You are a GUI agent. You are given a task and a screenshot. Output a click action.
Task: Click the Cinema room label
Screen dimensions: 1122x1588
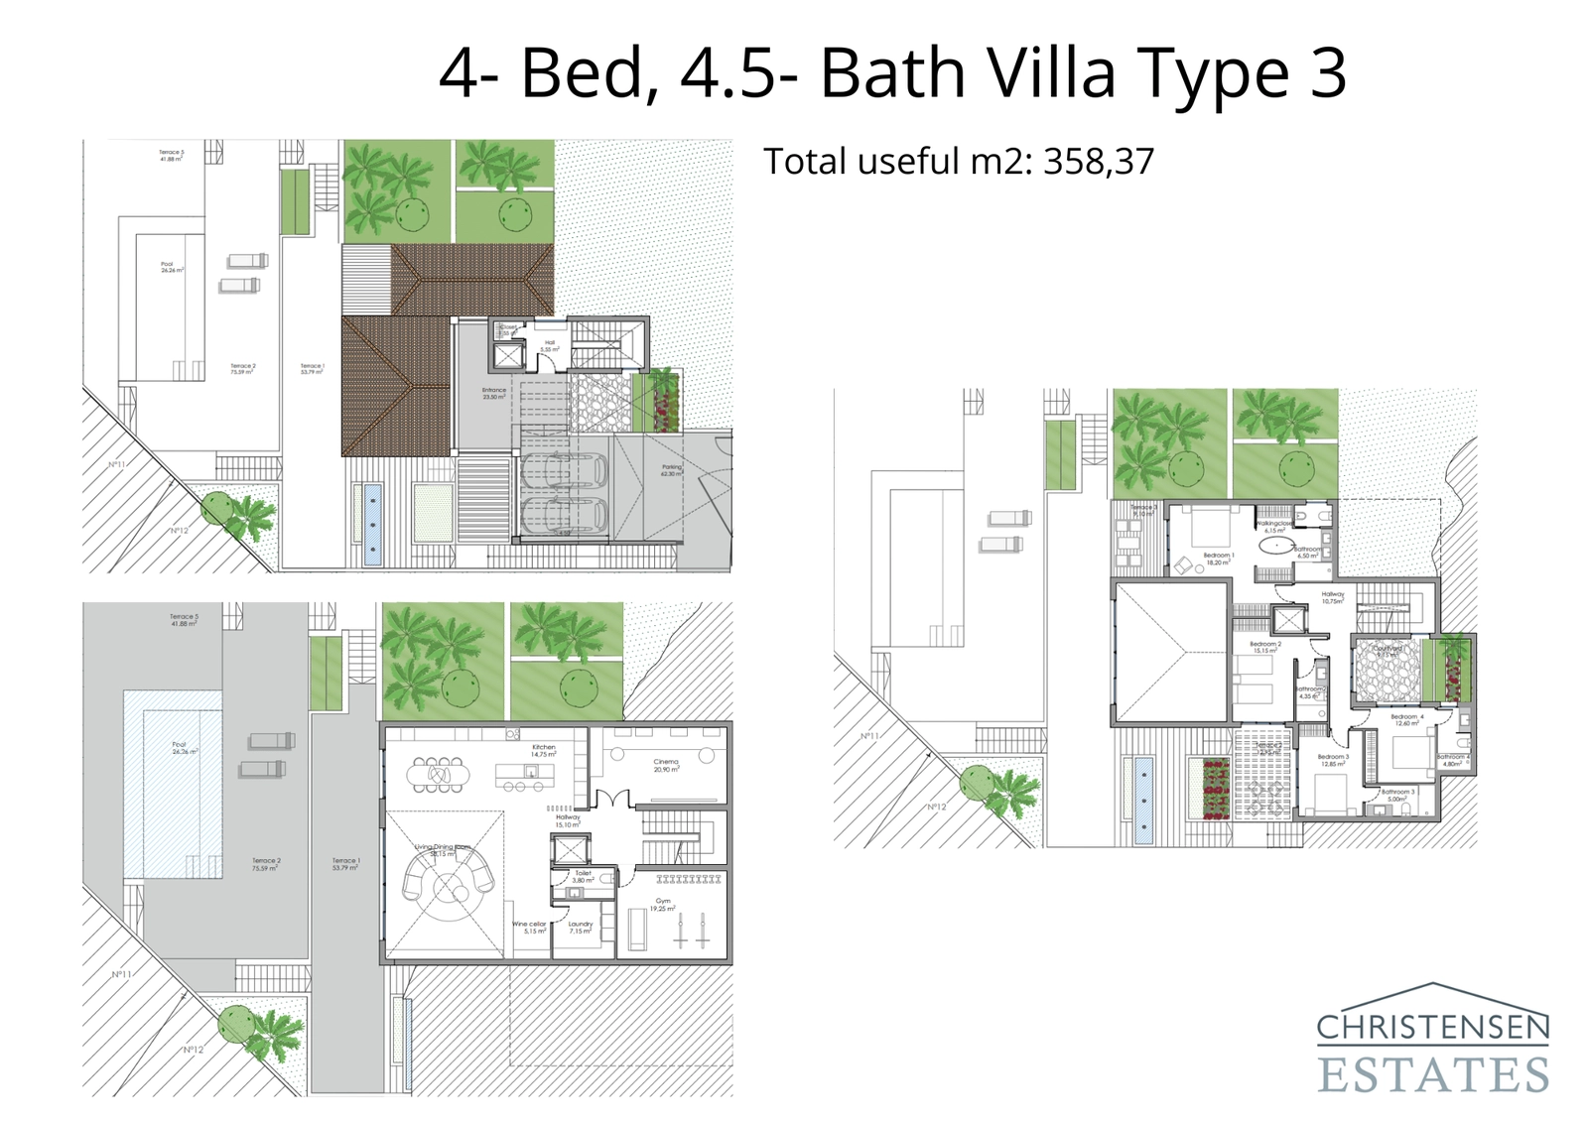pyautogui.click(x=666, y=765)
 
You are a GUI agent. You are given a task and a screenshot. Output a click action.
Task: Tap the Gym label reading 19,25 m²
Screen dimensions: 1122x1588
pyautogui.click(x=662, y=905)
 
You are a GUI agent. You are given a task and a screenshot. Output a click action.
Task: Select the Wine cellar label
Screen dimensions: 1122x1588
pyautogui.click(x=529, y=928)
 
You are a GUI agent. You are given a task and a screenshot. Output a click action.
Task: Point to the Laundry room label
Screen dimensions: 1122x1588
pyautogui.click(x=581, y=928)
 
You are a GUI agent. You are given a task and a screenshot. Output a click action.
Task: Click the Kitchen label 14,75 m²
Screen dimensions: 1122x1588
pyautogui.click(x=544, y=750)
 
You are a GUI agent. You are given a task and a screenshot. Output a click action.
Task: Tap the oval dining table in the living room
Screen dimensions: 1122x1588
pyautogui.click(x=437, y=775)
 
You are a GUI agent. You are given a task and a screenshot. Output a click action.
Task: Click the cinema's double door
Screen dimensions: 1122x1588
pyautogui.click(x=612, y=799)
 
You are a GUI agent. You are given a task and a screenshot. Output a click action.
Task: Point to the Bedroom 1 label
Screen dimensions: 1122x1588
pyautogui.click(x=1218, y=559)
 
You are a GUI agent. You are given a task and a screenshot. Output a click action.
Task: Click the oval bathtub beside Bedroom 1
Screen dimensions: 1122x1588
pyautogui.click(x=1273, y=545)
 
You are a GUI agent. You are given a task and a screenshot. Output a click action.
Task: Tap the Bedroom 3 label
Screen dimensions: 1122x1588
pyautogui.click(x=1333, y=760)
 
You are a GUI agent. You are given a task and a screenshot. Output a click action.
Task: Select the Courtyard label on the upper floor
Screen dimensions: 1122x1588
pyautogui.click(x=1387, y=651)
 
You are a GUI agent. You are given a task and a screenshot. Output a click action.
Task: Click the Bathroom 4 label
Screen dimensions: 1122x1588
pyautogui.click(x=1452, y=760)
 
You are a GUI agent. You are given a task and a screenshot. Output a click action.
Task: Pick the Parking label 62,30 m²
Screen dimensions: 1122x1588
pyautogui.click(x=672, y=470)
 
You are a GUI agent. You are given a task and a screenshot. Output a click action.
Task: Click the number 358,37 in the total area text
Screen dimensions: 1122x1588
pyautogui.click(x=1099, y=162)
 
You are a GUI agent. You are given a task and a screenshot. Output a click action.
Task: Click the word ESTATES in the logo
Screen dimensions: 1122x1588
pyautogui.click(x=1432, y=1074)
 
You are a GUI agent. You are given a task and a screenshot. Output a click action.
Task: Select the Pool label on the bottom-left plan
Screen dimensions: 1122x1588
pyautogui.click(x=179, y=747)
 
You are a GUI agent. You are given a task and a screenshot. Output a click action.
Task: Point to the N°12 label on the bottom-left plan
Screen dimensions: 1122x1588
pyautogui.click(x=193, y=1049)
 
